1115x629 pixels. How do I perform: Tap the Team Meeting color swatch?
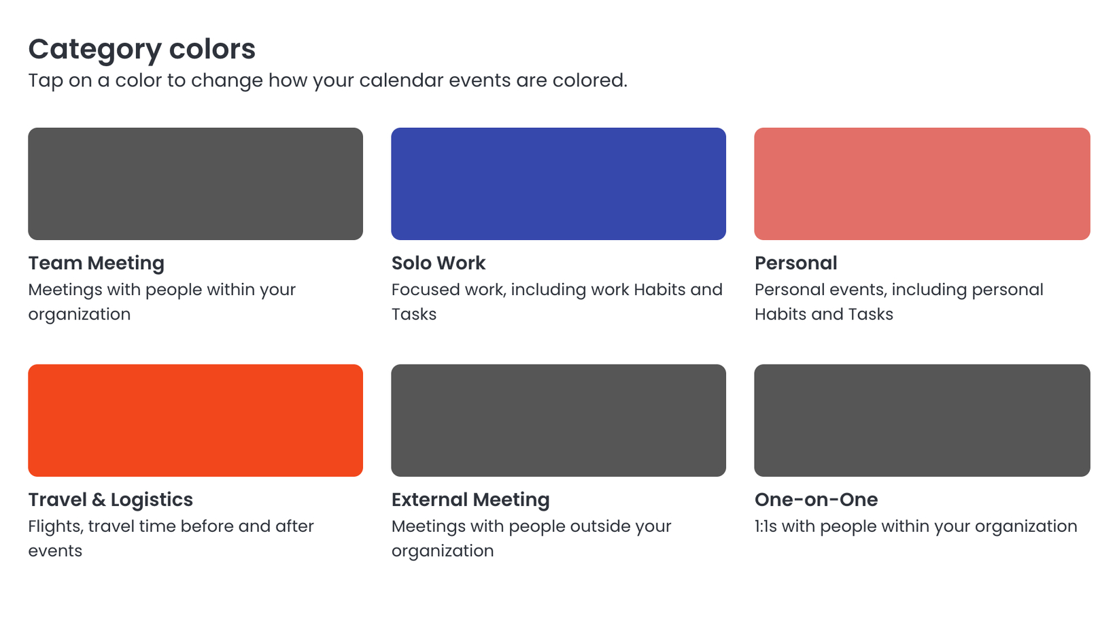click(196, 184)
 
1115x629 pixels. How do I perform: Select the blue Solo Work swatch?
click(558, 184)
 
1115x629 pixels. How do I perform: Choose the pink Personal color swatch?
click(923, 184)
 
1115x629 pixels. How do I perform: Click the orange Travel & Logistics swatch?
click(196, 420)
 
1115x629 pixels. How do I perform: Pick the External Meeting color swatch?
click(558, 420)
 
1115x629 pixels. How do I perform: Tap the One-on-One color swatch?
click(923, 420)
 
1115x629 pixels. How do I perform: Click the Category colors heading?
click(142, 50)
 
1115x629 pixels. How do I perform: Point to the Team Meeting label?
click(96, 263)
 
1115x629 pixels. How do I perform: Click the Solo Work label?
click(439, 263)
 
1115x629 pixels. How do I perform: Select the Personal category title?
click(796, 263)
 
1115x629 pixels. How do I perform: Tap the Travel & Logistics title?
click(111, 500)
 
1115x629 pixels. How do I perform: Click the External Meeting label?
click(470, 500)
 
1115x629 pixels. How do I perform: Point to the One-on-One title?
click(817, 500)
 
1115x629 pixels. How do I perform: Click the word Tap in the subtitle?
click(46, 81)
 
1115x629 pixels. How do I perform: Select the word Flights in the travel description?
click(56, 527)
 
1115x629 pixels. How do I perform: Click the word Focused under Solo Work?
click(425, 290)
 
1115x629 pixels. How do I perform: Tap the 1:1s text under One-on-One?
click(766, 526)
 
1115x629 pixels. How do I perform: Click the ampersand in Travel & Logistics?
click(99, 500)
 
